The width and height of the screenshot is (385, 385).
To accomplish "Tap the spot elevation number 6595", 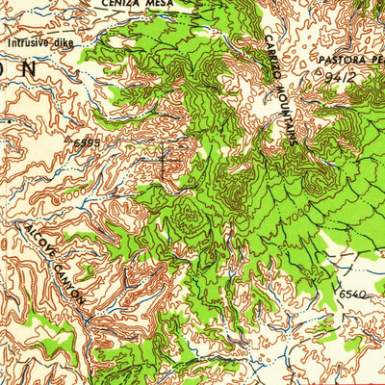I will pyautogui.click(x=87, y=142).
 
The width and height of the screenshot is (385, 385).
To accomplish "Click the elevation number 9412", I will pyautogui.click(x=343, y=75).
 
